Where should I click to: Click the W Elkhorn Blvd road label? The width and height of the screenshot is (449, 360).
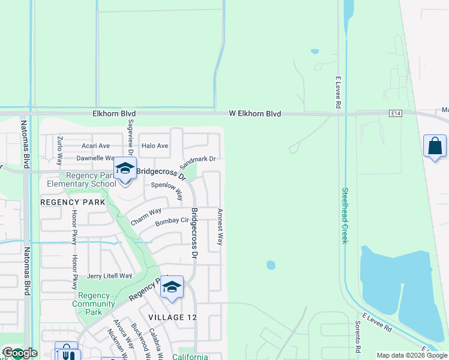click(x=255, y=113)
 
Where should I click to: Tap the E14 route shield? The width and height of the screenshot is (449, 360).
click(x=394, y=113)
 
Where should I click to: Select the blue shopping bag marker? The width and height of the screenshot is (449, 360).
click(x=435, y=146)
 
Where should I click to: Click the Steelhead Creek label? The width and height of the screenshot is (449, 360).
click(x=345, y=215)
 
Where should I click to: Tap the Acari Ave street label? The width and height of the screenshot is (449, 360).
click(x=96, y=146)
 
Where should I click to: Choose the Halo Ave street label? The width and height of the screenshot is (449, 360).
click(x=154, y=146)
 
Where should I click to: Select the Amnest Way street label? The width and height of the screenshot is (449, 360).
click(x=220, y=227)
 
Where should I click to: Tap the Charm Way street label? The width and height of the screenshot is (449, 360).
click(x=146, y=216)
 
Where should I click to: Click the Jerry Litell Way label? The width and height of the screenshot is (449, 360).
click(x=109, y=276)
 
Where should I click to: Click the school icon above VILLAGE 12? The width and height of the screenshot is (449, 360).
click(x=172, y=287)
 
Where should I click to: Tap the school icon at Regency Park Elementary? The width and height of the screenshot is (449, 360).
click(x=125, y=169)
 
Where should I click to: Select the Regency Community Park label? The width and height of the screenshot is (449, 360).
click(x=93, y=304)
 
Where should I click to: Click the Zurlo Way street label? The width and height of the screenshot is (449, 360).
click(x=60, y=151)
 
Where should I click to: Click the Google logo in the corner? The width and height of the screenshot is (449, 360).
click(x=20, y=353)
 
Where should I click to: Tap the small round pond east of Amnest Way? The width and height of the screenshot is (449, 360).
click(x=271, y=265)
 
